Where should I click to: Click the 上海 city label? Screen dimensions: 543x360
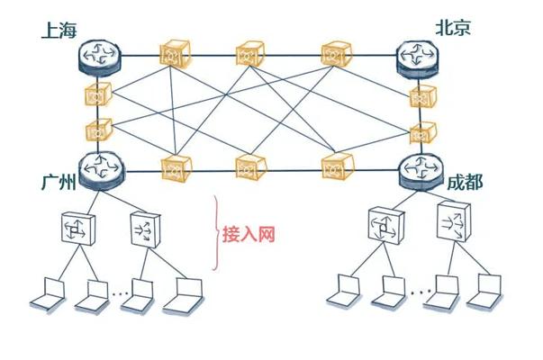click(59, 31)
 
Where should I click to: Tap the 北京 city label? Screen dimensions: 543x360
click(453, 27)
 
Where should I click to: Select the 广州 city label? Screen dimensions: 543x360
click(59, 182)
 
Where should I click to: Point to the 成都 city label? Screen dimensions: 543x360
click(465, 182)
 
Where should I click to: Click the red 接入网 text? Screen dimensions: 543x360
click(249, 234)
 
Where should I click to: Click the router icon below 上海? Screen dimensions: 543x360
click(100, 57)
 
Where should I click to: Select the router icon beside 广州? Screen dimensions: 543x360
click(102, 171)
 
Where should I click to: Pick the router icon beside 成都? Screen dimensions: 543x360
click(421, 172)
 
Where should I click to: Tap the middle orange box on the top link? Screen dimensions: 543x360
click(249, 54)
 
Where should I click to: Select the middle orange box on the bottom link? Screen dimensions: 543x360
click(250, 167)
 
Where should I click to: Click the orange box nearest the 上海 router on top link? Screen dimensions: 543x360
click(175, 54)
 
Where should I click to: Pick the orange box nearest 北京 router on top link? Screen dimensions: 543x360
click(336, 54)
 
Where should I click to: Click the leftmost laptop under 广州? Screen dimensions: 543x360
click(48, 294)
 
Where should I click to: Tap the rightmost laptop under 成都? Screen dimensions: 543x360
click(484, 291)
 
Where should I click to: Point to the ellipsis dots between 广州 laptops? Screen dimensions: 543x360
click(121, 294)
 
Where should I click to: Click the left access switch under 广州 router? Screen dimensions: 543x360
click(78, 229)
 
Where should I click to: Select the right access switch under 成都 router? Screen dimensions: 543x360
click(454, 221)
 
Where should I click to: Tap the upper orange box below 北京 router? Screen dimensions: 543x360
click(422, 96)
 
